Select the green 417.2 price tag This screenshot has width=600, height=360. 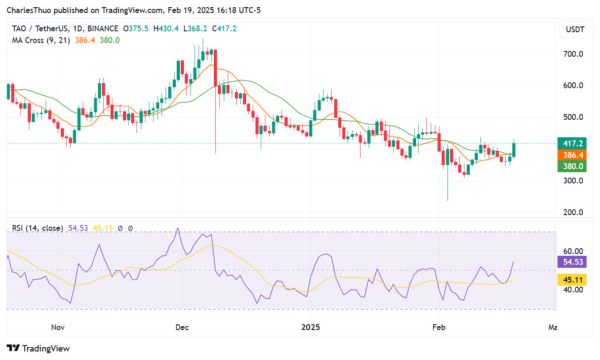(572, 144)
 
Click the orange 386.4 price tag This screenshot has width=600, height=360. (572, 155)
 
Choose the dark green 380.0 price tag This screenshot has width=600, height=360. (572, 166)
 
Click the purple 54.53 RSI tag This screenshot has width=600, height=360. (572, 261)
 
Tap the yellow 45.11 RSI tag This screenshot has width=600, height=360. (572, 280)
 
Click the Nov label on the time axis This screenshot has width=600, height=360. (58, 327)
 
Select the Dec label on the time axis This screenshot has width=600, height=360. (182, 327)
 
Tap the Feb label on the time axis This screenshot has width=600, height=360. (437, 327)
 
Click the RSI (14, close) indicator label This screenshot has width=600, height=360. (37, 229)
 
